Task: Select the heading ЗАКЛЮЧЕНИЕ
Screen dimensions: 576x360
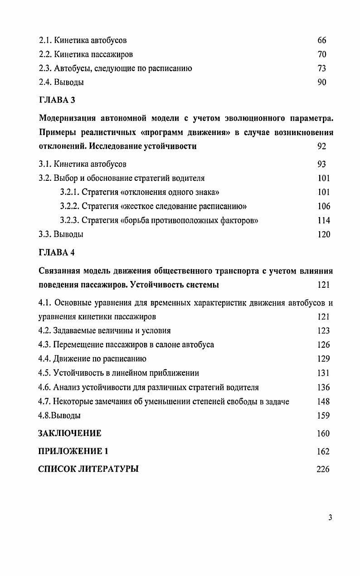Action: pyautogui.click(x=70, y=433)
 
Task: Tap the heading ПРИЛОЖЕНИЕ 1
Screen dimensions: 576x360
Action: pyautogui.click(x=73, y=451)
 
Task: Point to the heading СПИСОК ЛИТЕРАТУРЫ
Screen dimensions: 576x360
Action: pyautogui.click(x=88, y=469)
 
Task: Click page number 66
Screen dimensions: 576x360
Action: pyautogui.click(x=322, y=40)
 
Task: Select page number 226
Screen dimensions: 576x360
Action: pyautogui.click(x=323, y=469)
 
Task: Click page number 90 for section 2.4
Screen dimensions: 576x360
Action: pyautogui.click(x=322, y=82)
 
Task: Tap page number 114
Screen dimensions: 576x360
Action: pyautogui.click(x=324, y=221)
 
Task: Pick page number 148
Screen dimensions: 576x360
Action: pyautogui.click(x=324, y=402)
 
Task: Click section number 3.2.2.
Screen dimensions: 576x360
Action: pyautogui.click(x=69, y=207)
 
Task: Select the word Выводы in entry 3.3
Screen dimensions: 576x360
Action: pyautogui.click(x=68, y=235)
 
